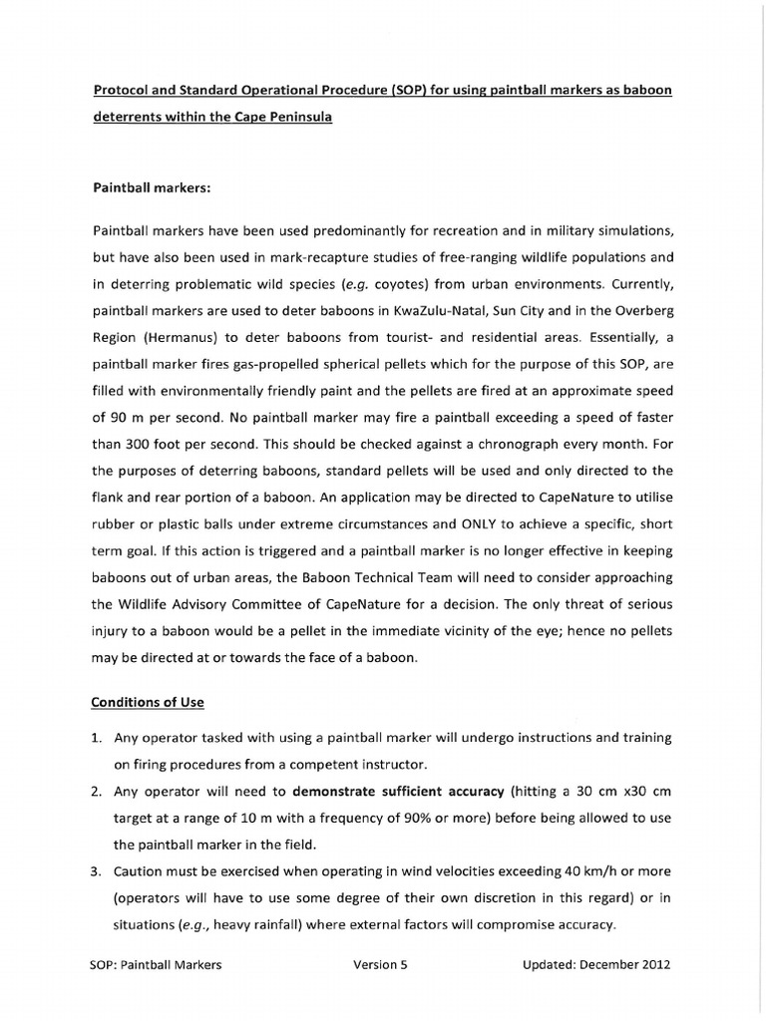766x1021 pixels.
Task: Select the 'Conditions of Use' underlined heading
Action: coord(148,702)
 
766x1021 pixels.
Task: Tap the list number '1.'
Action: coord(98,737)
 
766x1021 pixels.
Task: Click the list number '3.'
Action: coord(98,872)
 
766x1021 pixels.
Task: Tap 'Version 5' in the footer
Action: coord(381,965)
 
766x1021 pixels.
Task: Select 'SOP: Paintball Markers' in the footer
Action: coord(156,965)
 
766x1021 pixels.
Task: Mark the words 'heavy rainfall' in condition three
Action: coord(249,925)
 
